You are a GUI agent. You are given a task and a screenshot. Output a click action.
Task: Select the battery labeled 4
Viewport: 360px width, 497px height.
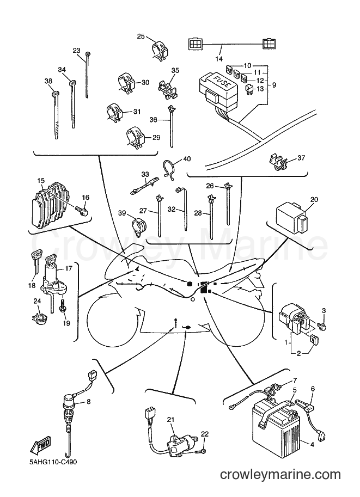[x=276, y=428]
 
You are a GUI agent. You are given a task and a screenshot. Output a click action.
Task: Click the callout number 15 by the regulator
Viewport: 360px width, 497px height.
[x=41, y=181]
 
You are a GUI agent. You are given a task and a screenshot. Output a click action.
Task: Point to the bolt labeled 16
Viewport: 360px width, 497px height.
[x=82, y=210]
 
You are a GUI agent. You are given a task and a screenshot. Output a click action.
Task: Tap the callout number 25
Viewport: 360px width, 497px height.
[x=141, y=36]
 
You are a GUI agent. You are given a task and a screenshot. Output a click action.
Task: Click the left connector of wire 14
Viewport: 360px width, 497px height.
[x=195, y=44]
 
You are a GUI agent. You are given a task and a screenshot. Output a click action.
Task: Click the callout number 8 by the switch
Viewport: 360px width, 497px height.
[x=88, y=402]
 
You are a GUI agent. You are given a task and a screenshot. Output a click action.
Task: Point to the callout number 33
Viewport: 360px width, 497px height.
[x=145, y=174]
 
